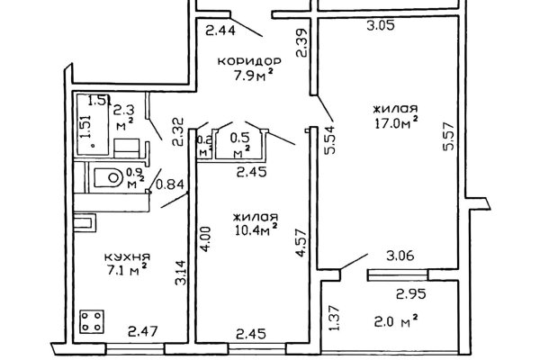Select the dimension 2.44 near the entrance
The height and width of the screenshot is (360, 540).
220,31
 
